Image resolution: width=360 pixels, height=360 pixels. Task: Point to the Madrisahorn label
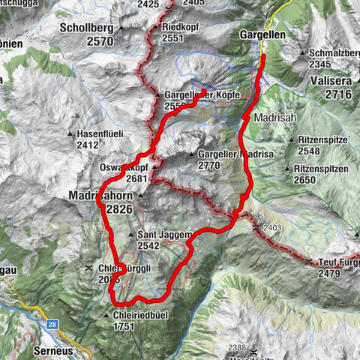coord(105,195)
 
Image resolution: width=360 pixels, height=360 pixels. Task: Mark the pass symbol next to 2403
coord(257,226)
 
